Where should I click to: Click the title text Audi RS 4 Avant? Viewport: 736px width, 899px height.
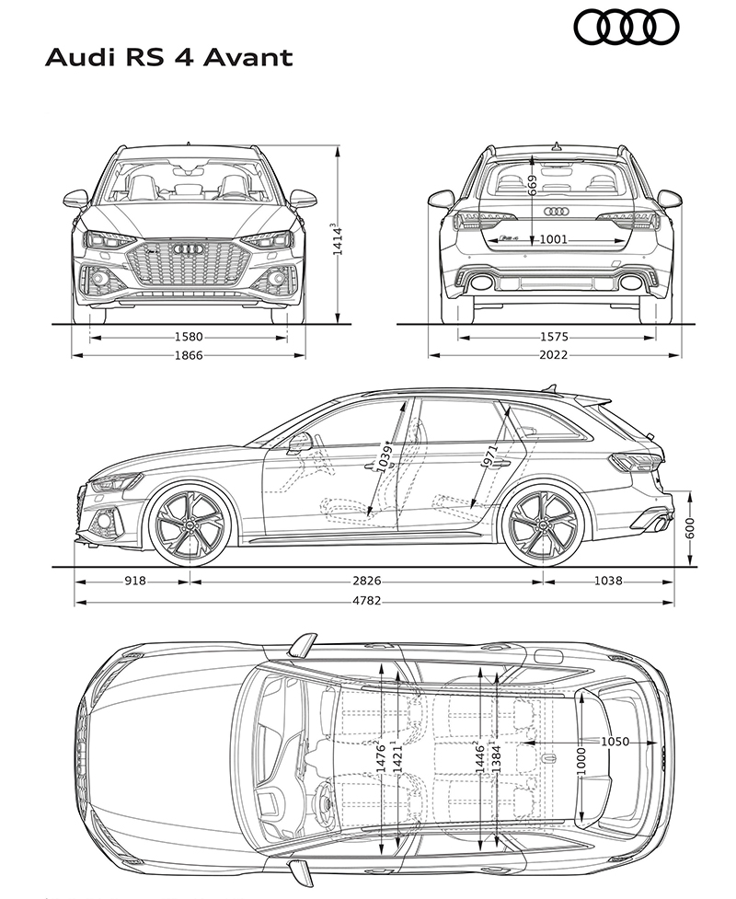coord(169,57)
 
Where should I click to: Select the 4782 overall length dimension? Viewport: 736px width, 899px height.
coord(367,601)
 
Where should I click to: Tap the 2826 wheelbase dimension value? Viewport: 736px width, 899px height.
coord(367,581)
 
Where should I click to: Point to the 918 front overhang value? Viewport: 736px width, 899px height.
coord(135,581)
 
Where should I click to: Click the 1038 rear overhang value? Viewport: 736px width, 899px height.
coord(608,581)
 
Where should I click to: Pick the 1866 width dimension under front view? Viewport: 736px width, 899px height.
coord(189,355)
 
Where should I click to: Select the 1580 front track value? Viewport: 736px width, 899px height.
coord(189,337)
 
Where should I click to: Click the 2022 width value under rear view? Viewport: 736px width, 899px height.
coord(554,355)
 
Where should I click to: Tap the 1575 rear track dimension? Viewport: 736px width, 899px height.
coord(554,337)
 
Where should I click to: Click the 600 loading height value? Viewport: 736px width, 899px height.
coord(690,527)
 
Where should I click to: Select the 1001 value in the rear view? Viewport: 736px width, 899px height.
coord(554,239)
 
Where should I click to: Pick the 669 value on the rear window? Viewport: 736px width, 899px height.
coord(533,186)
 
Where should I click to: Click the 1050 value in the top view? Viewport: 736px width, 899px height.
coord(615,742)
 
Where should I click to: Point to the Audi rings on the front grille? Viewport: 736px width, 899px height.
coord(189,250)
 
